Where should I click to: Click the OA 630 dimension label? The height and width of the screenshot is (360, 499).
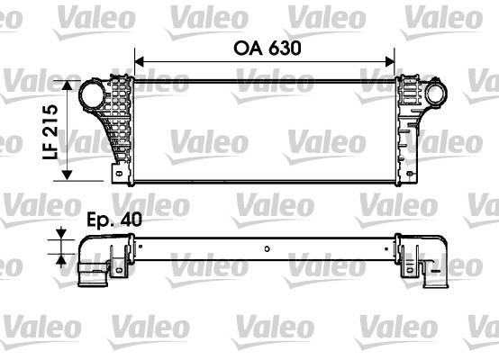(x=267, y=49)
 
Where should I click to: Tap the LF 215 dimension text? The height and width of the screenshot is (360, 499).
(x=50, y=132)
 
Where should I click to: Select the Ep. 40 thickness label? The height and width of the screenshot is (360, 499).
(x=114, y=219)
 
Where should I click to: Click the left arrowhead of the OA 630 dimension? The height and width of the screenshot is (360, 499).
(x=139, y=62)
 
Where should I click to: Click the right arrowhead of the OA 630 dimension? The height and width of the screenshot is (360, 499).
(x=390, y=62)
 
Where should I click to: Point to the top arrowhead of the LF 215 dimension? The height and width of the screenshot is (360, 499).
(x=67, y=85)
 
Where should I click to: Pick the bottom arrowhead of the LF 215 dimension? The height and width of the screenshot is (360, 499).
(x=67, y=175)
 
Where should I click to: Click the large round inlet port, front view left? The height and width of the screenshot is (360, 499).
(x=92, y=94)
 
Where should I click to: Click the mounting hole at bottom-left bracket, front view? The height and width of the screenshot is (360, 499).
(x=120, y=174)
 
